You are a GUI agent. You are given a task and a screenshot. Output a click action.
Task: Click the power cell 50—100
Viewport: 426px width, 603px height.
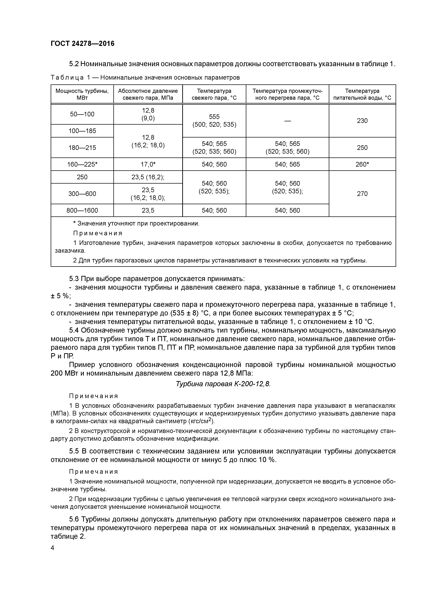click(x=82, y=114)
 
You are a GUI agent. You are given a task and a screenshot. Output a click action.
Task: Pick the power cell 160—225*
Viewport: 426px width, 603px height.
click(x=82, y=164)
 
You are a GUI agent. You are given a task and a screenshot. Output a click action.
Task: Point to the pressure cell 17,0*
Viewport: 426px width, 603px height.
click(x=148, y=164)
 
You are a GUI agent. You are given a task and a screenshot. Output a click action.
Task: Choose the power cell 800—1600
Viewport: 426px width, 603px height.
click(x=82, y=210)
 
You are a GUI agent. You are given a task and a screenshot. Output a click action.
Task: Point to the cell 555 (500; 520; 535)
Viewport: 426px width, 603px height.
click(x=214, y=121)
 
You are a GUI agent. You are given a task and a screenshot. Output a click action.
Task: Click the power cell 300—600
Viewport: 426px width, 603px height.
click(x=82, y=194)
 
